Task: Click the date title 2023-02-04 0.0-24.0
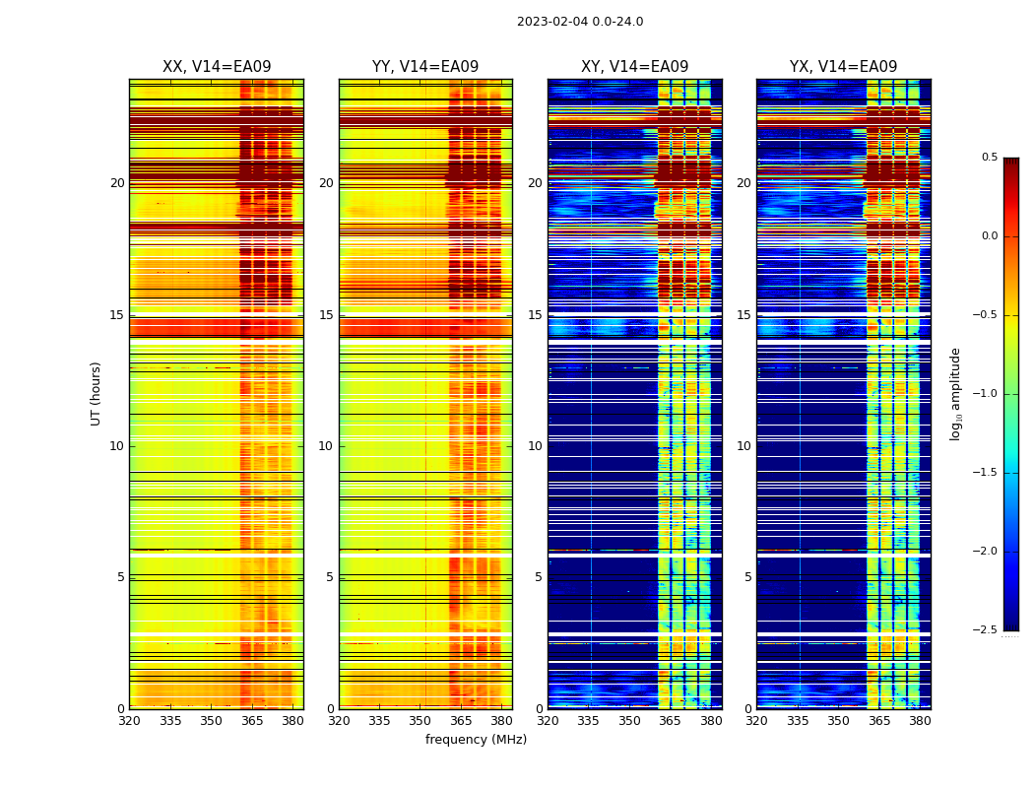(580, 22)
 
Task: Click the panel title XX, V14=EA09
(217, 67)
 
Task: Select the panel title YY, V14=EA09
(425, 67)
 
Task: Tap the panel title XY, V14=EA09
(634, 67)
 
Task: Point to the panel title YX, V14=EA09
(843, 67)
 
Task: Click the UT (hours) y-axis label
(97, 393)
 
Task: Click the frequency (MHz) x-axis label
(476, 740)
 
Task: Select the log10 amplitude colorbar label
(955, 393)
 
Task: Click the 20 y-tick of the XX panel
(117, 183)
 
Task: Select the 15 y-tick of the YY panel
(326, 315)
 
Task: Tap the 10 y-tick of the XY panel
(535, 446)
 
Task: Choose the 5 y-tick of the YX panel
(747, 577)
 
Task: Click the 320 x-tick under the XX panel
(129, 721)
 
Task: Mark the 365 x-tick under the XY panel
(670, 721)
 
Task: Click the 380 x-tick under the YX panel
(920, 721)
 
